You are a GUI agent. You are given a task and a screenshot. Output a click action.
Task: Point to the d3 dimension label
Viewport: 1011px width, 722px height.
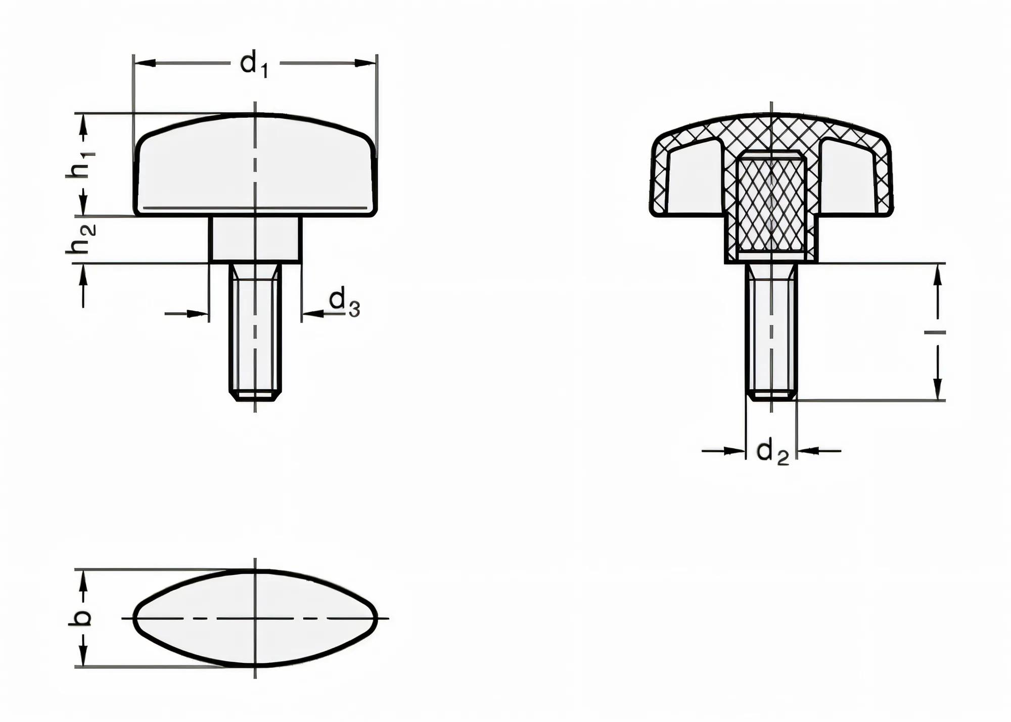coord(344,302)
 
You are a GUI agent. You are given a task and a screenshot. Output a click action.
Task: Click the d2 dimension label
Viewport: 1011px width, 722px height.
coord(772,451)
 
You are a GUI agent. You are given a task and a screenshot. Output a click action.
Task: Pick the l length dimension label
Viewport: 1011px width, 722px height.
coord(935,332)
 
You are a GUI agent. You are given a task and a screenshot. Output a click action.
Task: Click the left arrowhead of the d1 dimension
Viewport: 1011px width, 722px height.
coord(145,64)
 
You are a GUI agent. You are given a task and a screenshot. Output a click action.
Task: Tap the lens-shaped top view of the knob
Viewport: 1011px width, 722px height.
coord(255,617)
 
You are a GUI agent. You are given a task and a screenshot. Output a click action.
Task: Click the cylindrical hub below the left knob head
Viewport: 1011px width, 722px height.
coord(255,239)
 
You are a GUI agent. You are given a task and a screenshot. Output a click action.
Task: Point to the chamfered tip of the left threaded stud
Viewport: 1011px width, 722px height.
coord(255,396)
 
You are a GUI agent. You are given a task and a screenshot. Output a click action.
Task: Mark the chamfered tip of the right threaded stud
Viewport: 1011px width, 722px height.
coord(771,395)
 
